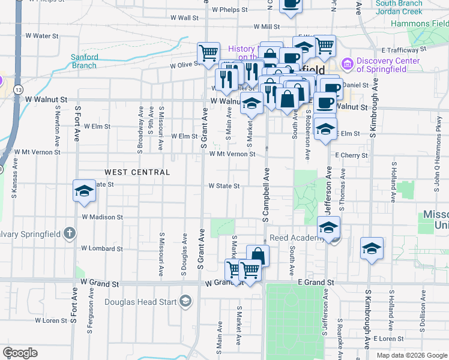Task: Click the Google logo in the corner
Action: (x=20, y=353)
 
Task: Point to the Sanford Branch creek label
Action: (x=85, y=61)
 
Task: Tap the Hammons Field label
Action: (x=420, y=23)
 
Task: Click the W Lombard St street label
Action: (x=101, y=248)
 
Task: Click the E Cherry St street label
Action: (x=351, y=155)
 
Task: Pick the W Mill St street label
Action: (x=267, y=27)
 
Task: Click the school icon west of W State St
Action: (x=85, y=191)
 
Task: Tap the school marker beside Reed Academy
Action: (x=328, y=228)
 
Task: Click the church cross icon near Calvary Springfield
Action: (x=70, y=232)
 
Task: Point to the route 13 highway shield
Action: (x=19, y=89)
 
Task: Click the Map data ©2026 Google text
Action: (x=412, y=355)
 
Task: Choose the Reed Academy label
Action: (x=294, y=238)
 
